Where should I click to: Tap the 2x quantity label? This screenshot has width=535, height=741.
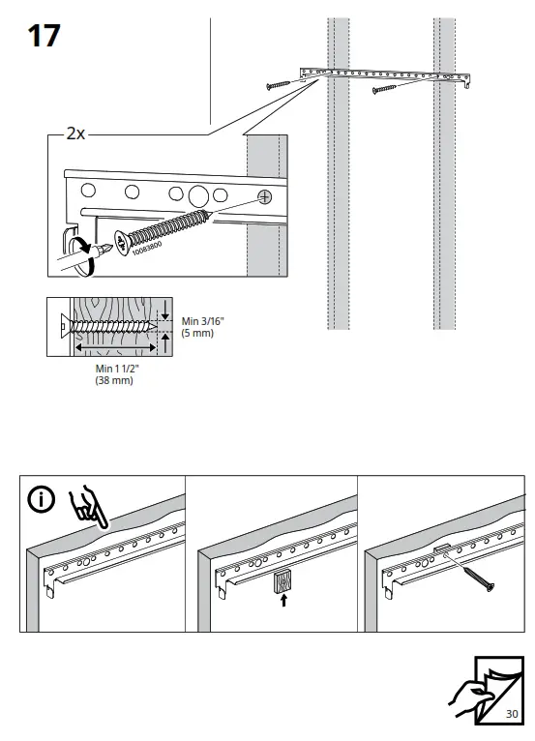coord(75,134)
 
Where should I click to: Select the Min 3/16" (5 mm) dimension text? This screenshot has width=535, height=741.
coord(197,327)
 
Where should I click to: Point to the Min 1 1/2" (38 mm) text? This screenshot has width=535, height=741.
coord(114,375)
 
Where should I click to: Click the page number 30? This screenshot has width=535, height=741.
coord(512,714)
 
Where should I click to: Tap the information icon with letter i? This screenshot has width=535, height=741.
coord(41,500)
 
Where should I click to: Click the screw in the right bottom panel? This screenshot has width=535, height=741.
coord(476,577)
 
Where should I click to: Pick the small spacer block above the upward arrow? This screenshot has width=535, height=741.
coord(281,581)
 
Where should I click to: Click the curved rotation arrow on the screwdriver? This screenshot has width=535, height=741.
coord(87,246)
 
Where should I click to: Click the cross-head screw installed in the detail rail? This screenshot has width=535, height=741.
coord(263,197)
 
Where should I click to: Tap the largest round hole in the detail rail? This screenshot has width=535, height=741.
coord(198,193)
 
